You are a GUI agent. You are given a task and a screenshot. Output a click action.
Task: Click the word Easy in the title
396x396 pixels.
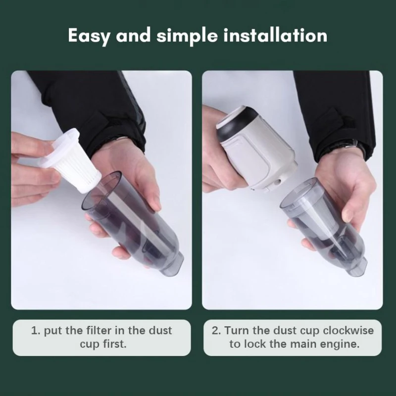point(89,36)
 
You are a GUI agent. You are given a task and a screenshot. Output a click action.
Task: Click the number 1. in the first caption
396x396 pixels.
point(36,331)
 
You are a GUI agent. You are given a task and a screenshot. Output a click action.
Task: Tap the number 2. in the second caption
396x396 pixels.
point(216,331)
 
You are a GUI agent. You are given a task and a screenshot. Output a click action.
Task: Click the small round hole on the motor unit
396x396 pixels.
point(279,181)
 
